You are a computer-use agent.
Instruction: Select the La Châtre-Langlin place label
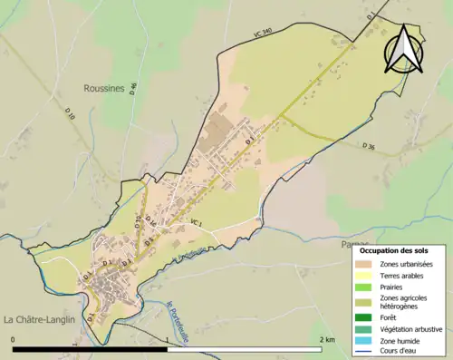[41, 319]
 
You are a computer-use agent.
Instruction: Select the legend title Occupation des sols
[394, 249]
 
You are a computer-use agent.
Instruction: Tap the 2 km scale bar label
[327, 339]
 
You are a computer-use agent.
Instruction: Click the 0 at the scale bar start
[13, 339]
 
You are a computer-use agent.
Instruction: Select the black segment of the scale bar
[91, 349]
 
